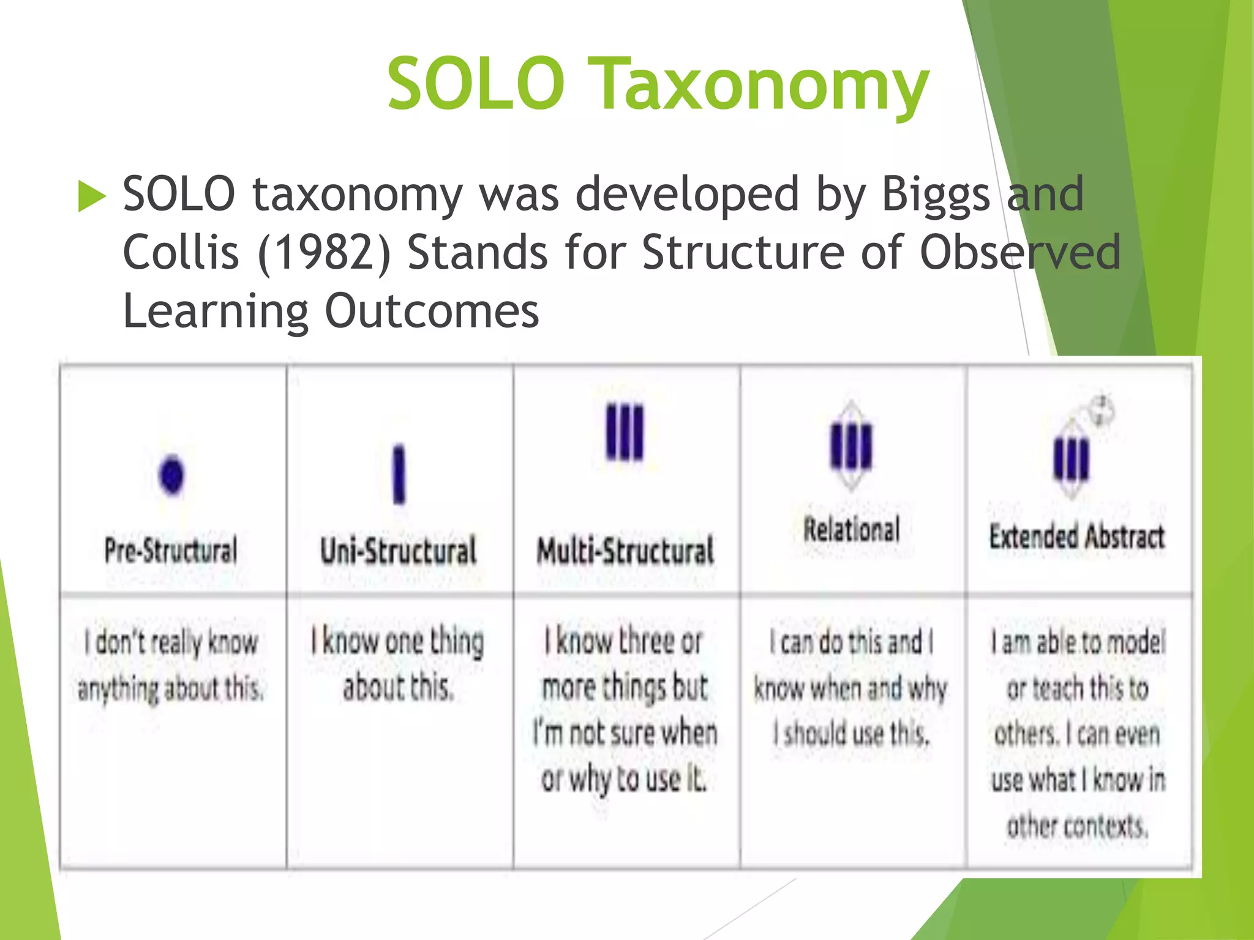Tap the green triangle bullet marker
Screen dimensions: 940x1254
(92, 197)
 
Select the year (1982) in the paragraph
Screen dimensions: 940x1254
(324, 253)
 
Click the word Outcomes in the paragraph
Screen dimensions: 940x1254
(432, 311)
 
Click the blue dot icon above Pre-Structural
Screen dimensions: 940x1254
(171, 475)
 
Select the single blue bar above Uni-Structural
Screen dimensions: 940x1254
(399, 474)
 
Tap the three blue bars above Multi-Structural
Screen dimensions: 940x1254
(625, 431)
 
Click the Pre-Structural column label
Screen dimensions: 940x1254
(171, 550)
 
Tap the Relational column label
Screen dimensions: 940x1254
(852, 529)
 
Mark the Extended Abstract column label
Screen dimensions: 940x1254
(1077, 537)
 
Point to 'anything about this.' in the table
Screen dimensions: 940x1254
(171, 688)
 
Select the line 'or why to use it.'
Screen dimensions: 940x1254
(624, 779)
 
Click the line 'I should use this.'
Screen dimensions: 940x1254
(852, 733)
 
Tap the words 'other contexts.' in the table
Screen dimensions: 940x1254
(1077, 826)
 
